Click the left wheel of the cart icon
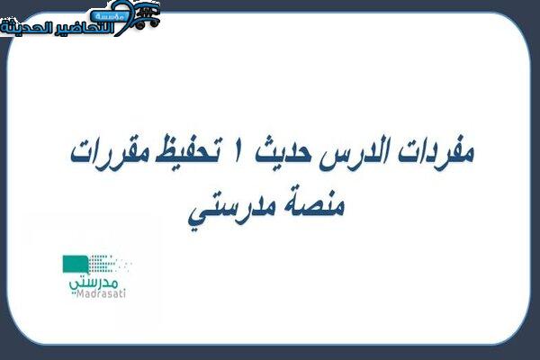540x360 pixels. tap(140, 24)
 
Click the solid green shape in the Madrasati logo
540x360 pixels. tap(75, 265)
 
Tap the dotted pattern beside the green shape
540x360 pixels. tap(110, 264)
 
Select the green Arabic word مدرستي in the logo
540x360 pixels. tap(94, 283)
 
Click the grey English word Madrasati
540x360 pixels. tap(101, 293)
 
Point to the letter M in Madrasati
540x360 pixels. tap(79, 293)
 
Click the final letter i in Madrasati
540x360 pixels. tap(124, 293)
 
